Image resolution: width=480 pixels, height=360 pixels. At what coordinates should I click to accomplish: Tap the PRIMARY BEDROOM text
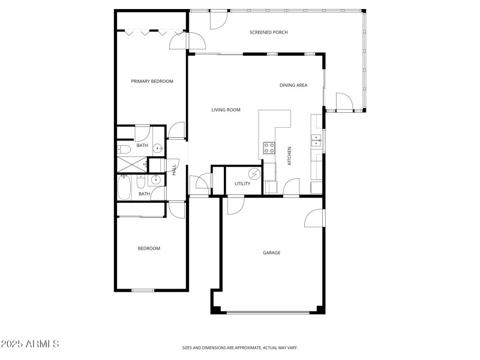pyautogui.click(x=152, y=81)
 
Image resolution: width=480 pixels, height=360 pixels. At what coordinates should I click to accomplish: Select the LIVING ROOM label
pyautogui.click(x=226, y=110)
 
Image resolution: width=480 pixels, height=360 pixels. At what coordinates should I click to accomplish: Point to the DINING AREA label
pyautogui.click(x=293, y=85)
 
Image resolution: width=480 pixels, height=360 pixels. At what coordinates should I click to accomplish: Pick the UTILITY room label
pyautogui.click(x=242, y=184)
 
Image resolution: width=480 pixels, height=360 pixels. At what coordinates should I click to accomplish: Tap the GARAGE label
pyautogui.click(x=271, y=253)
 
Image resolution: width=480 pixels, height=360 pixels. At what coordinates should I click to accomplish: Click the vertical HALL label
pyautogui.click(x=175, y=170)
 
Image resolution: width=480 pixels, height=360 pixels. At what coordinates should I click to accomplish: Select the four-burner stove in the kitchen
pyautogui.click(x=269, y=148)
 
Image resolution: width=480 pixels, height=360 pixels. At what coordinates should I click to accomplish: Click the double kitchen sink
pyautogui.click(x=316, y=142)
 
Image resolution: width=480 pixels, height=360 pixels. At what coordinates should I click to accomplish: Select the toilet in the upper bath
pyautogui.click(x=124, y=149)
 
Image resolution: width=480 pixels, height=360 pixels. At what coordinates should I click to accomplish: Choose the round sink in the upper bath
pyautogui.click(x=157, y=149)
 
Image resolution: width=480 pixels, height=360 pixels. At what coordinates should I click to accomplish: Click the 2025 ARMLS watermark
pyautogui.click(x=30, y=344)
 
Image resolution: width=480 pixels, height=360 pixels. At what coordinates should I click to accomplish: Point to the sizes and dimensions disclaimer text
pyautogui.click(x=240, y=347)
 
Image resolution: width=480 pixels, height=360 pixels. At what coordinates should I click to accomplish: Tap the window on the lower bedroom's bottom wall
pyautogui.click(x=143, y=291)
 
